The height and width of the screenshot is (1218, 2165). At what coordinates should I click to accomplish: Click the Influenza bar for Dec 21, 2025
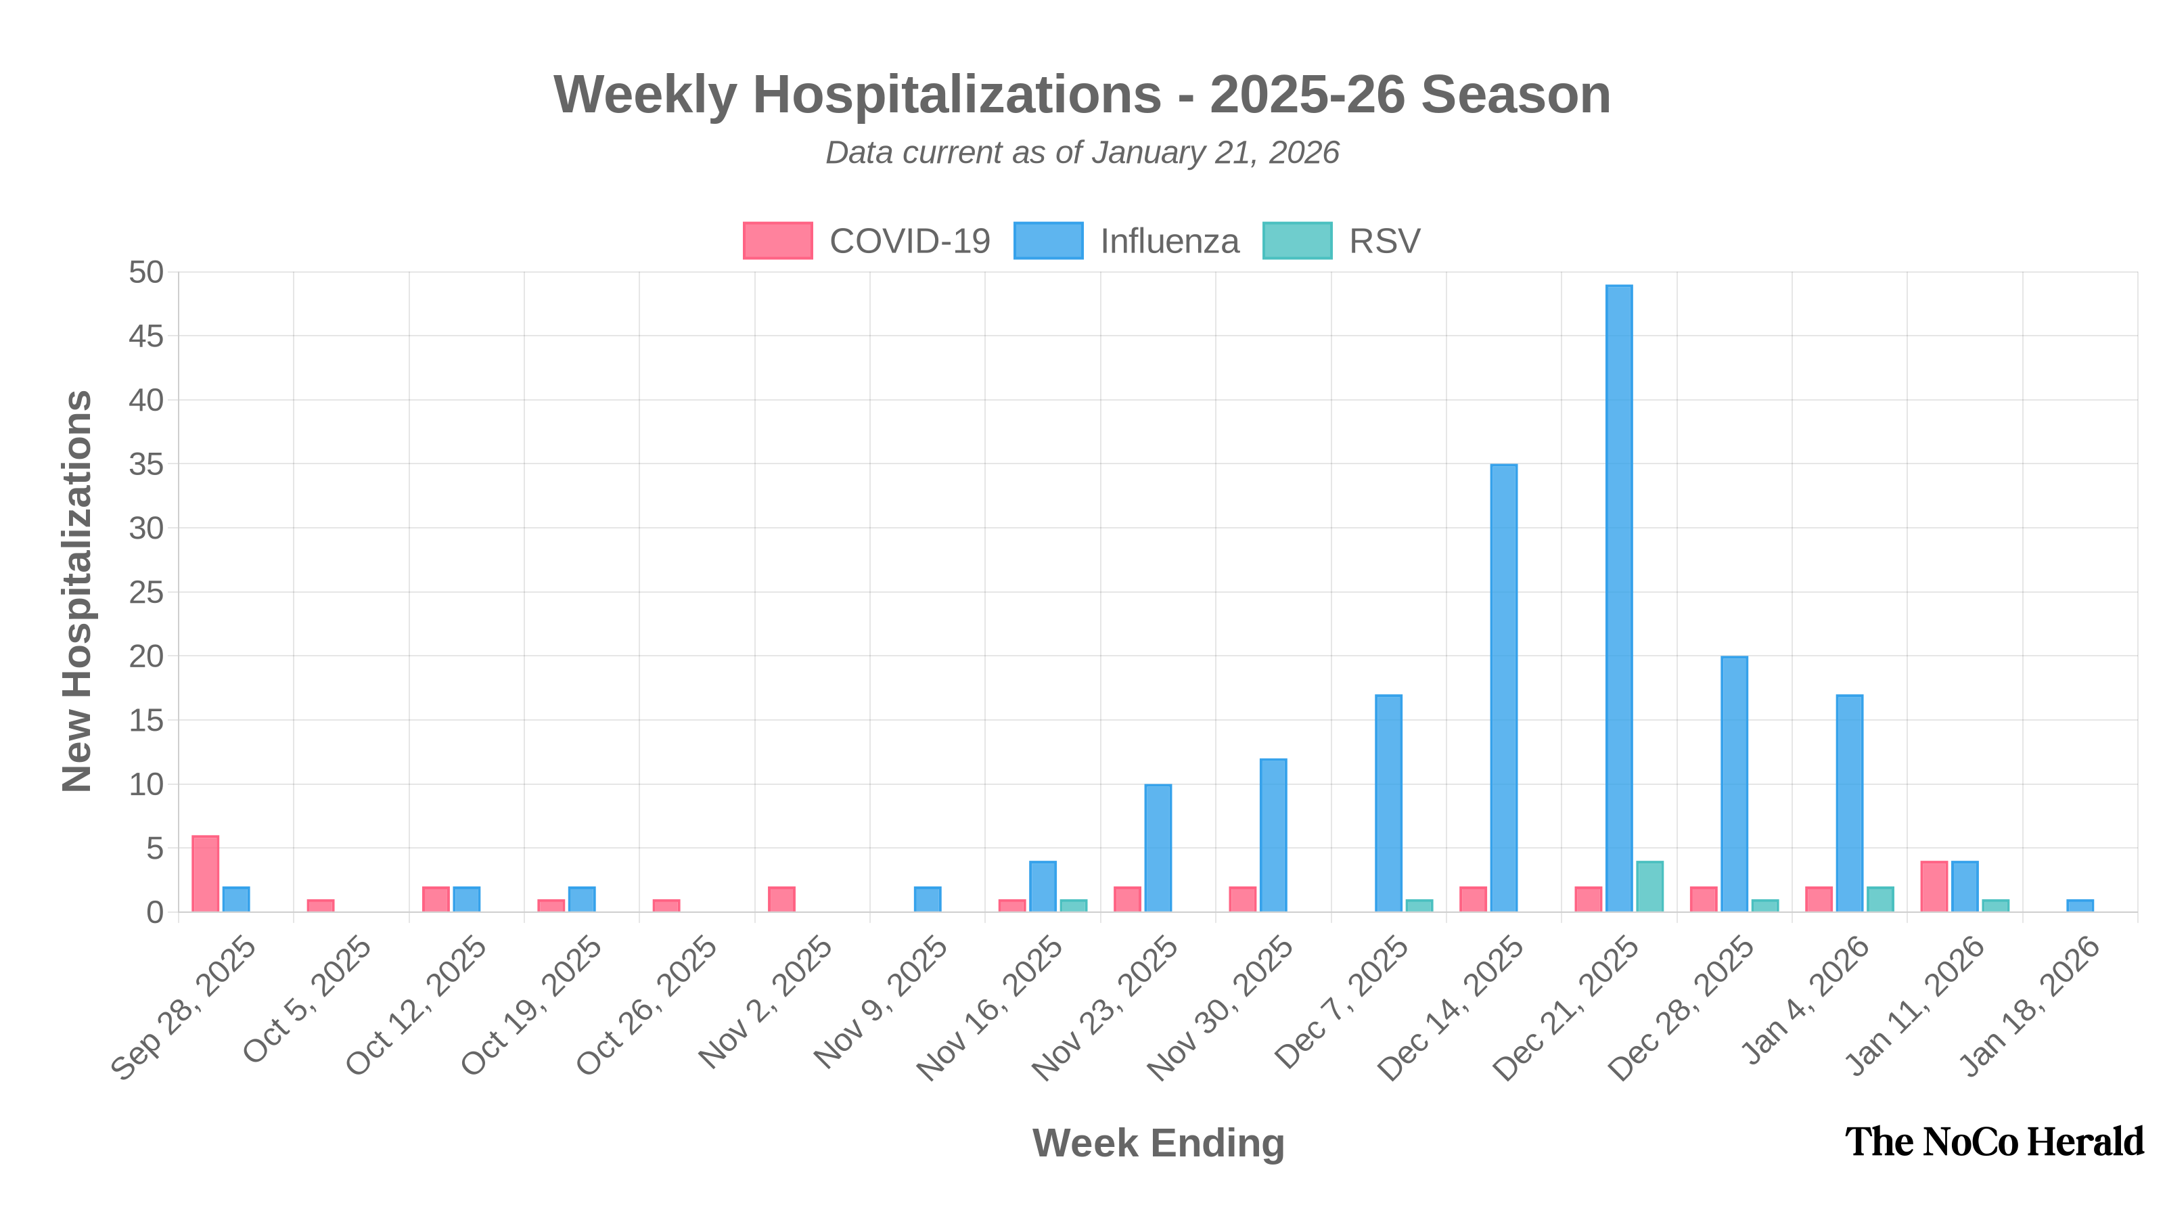(x=1619, y=597)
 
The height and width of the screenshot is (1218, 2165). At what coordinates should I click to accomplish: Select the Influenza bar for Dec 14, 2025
(x=1503, y=687)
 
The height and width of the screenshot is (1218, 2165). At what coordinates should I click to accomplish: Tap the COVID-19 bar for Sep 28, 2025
(x=206, y=872)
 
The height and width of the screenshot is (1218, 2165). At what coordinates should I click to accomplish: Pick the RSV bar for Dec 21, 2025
(x=1650, y=886)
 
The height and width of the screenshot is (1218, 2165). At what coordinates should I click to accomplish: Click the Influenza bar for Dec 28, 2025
(x=1734, y=784)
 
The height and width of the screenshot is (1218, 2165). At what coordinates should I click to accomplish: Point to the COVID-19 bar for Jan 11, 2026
(x=1934, y=886)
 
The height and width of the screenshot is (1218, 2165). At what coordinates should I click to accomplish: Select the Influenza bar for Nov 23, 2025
(x=1158, y=847)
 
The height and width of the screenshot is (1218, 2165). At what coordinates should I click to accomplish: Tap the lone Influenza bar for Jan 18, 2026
(x=2080, y=905)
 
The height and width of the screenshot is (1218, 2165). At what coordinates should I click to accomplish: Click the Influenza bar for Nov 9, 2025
(x=927, y=899)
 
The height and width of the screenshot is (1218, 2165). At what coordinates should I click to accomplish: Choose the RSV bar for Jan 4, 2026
(x=1880, y=899)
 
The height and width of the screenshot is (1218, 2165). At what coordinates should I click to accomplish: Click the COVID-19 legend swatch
(x=777, y=240)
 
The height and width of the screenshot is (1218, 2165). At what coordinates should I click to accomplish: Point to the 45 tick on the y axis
(x=146, y=337)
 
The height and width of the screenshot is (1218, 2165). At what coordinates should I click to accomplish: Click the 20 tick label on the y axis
(x=146, y=656)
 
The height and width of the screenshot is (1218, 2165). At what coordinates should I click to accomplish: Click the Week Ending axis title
(x=1158, y=1143)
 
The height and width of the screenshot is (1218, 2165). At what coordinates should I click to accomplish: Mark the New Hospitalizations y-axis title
(x=77, y=591)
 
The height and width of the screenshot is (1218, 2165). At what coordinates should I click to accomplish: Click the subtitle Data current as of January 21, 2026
(x=1082, y=153)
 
